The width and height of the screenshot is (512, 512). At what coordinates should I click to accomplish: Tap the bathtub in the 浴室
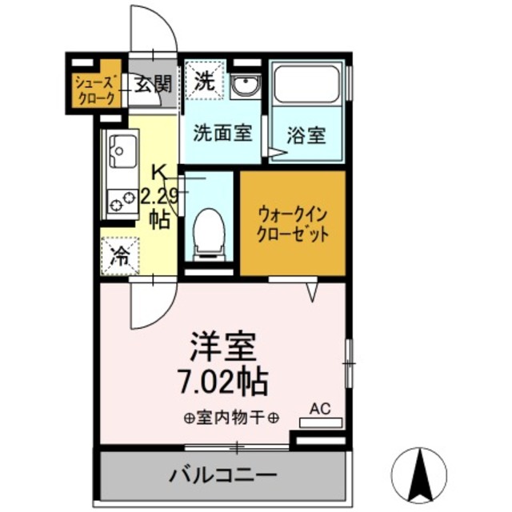[306, 84]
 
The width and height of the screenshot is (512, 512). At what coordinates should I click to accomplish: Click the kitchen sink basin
[124, 149]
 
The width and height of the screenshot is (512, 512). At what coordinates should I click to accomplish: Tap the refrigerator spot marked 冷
[119, 256]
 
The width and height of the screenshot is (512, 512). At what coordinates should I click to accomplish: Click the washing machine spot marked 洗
[205, 80]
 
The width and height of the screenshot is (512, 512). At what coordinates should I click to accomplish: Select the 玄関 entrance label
[152, 83]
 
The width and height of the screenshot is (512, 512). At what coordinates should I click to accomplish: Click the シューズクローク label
[96, 90]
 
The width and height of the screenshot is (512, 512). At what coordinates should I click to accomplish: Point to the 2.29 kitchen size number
[158, 195]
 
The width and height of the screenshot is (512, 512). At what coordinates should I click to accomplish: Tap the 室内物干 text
[230, 417]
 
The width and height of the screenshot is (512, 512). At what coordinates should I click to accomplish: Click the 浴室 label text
[306, 134]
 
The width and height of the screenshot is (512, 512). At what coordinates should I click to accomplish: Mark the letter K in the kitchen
[159, 170]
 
